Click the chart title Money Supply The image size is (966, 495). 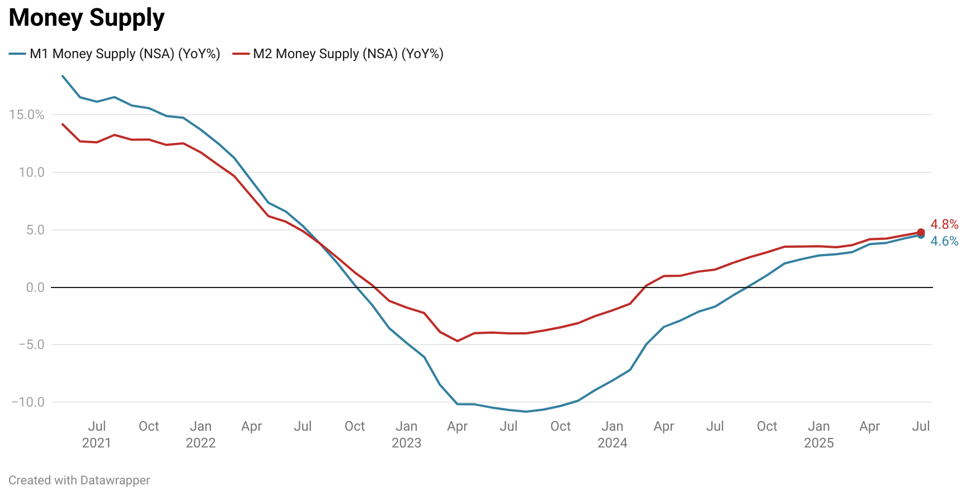tap(87, 18)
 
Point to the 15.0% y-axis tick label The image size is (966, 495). tap(26, 115)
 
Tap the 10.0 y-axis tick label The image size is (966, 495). tap(31, 172)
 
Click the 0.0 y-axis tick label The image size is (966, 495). tap(35, 287)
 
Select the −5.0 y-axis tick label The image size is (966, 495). tap(31, 345)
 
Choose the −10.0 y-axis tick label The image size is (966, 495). tap(28, 402)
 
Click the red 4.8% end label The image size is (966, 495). tap(944, 224)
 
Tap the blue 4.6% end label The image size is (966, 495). tap(944, 241)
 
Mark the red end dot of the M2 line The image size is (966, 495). tap(921, 232)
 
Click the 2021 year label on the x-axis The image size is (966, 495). tap(97, 443)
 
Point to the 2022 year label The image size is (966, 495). tap(201, 443)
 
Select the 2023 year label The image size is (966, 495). tap(407, 443)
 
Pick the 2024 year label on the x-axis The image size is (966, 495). tap(612, 443)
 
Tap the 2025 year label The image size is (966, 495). tap(819, 443)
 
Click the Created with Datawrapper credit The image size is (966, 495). tap(79, 480)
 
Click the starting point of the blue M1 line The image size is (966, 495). tap(62, 76)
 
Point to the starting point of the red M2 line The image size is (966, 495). tap(62, 124)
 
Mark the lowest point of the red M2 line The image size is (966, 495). tap(458, 341)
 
